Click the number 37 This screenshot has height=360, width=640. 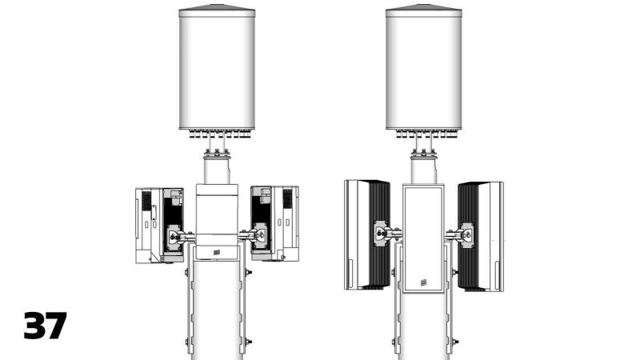pyautogui.click(x=45, y=326)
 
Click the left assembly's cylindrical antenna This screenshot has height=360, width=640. pyautogui.click(x=217, y=72)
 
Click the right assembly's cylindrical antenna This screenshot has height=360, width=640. pyautogui.click(x=424, y=72)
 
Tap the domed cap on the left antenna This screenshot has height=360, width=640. pyautogui.click(x=217, y=10)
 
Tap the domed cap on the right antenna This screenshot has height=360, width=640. pyautogui.click(x=424, y=10)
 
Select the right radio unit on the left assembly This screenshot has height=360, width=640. pyautogui.click(x=274, y=224)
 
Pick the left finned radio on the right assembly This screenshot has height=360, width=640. pyautogui.click(x=366, y=234)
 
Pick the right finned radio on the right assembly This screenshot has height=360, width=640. pyautogui.click(x=481, y=234)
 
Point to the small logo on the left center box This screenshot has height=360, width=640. pyautogui.click(x=216, y=253)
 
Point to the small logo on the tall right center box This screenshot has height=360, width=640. pyautogui.click(x=423, y=282)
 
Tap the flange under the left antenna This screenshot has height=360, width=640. pyautogui.click(x=217, y=153)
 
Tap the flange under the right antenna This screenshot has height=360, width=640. pyautogui.click(x=424, y=153)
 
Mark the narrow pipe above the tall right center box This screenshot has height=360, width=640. pyautogui.click(x=424, y=170)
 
